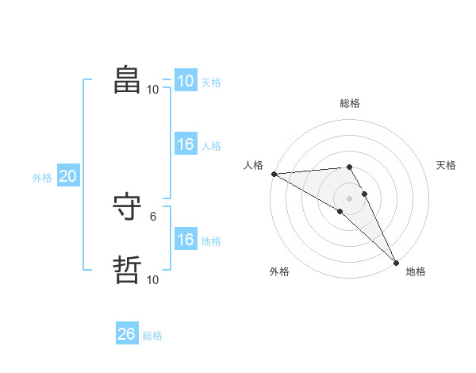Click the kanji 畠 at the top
coord(127,79)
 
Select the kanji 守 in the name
coord(127,208)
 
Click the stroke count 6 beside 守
coord(153,215)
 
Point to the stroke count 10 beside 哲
coord(152,279)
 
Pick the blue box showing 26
coord(126,334)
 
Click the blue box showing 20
coord(67,177)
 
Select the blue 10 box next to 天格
coord(185,81)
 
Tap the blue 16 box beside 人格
coord(185,144)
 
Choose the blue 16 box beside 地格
coord(185,240)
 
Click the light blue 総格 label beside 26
coord(152,336)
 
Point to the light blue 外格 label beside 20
coord(42,178)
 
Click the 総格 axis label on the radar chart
coord(349,103)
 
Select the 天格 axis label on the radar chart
coord(447,165)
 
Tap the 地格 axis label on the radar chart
coord(416,271)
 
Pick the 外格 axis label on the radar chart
coord(279,271)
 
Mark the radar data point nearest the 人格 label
coord(274,174)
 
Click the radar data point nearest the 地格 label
coord(396,262)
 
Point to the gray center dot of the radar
coord(349,198)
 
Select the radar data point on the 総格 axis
coord(349,167)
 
